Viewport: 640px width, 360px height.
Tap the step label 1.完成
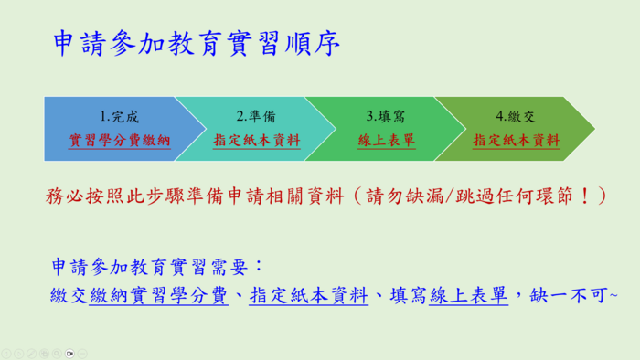(x=120, y=117)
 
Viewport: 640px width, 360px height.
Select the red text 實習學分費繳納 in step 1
(x=120, y=142)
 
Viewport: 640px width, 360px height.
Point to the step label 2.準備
(x=256, y=117)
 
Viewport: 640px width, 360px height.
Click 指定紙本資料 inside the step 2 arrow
(x=256, y=142)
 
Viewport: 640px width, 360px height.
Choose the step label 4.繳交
(x=516, y=117)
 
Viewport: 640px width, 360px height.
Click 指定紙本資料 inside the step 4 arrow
(x=516, y=142)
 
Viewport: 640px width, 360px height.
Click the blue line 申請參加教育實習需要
(x=156, y=267)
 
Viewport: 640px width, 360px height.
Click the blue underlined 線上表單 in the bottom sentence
(x=467, y=295)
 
